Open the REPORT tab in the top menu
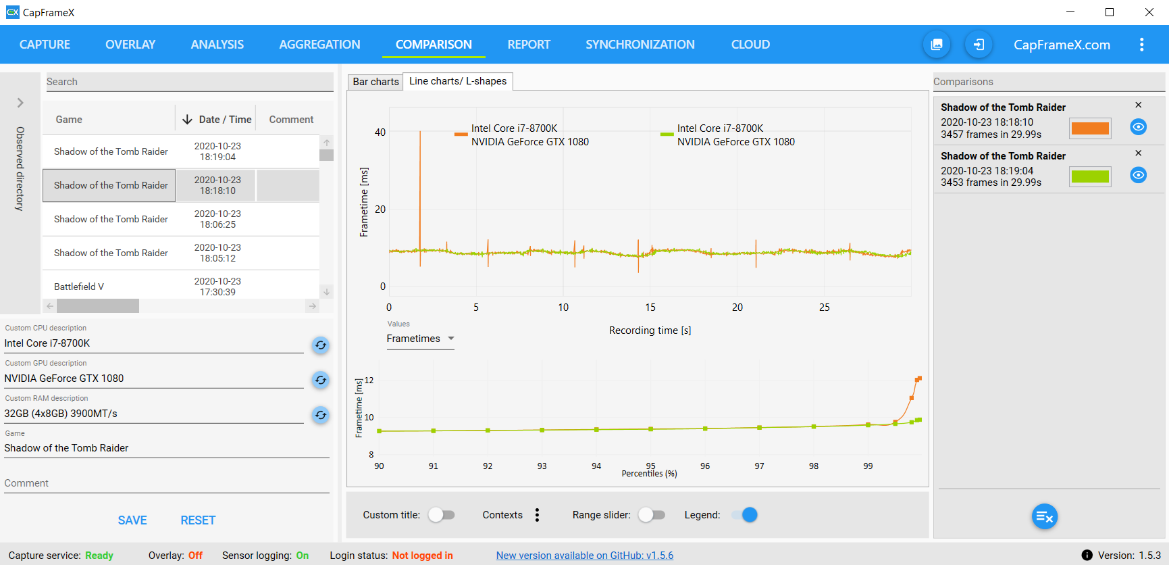coord(529,45)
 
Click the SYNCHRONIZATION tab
coord(640,45)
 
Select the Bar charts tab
coord(375,82)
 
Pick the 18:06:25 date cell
coord(217,219)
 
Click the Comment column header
coord(291,120)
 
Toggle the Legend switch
coord(746,515)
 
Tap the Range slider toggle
coord(652,515)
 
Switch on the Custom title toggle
coord(442,515)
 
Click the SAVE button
coord(132,520)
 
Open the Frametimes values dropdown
coord(420,339)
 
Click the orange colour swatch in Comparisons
coord(1090,128)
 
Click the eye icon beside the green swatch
coord(1138,176)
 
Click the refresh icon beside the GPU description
coord(321,380)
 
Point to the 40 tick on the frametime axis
coord(380,132)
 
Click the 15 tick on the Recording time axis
coord(650,308)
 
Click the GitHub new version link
coord(585,556)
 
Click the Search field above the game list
coord(189,82)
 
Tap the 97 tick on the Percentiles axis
coord(760,466)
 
